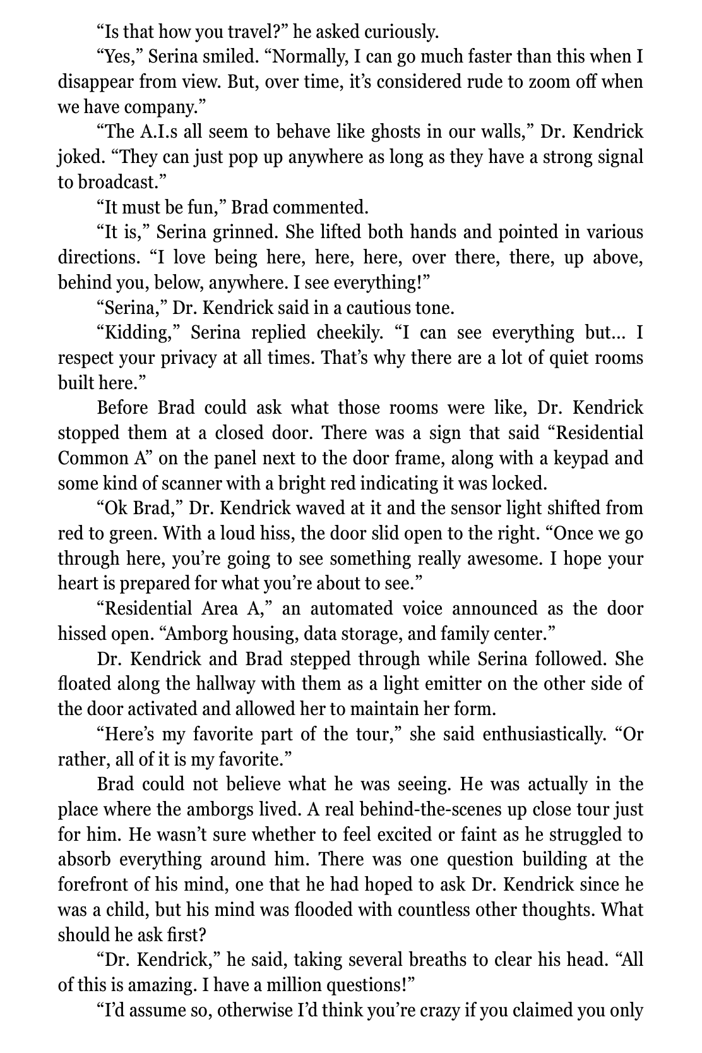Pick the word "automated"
point(347,609)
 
